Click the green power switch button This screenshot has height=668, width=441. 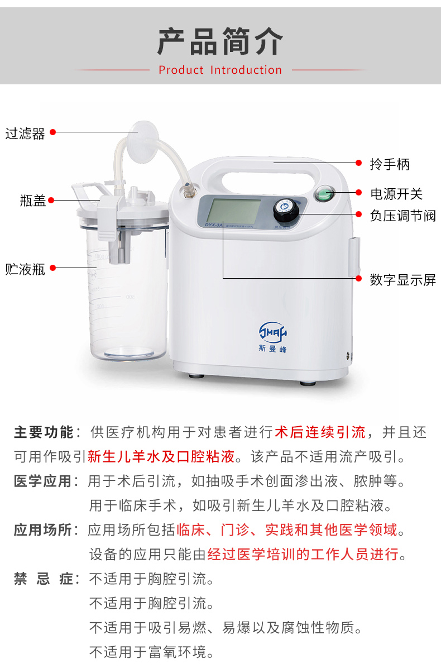325,194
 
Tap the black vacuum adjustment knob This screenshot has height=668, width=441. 286,211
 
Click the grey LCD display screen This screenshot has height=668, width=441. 233,212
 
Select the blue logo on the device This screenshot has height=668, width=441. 273,337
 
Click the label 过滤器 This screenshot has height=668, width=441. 25,133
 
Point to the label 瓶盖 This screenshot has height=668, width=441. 33,200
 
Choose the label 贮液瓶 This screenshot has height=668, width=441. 25,269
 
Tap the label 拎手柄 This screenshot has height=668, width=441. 390,164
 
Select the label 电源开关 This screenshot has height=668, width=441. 396,194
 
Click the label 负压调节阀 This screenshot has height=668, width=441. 402,216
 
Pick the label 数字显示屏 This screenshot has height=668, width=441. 402,279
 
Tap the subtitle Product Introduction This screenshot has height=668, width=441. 220,70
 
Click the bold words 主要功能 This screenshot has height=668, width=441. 44,432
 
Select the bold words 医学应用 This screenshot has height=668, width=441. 42,481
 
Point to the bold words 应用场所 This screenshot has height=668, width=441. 42,529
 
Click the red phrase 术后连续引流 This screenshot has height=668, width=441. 320,432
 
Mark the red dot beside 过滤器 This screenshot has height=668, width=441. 53,132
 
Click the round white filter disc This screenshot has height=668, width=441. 143,132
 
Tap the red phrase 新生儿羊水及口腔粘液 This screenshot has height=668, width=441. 161,456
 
